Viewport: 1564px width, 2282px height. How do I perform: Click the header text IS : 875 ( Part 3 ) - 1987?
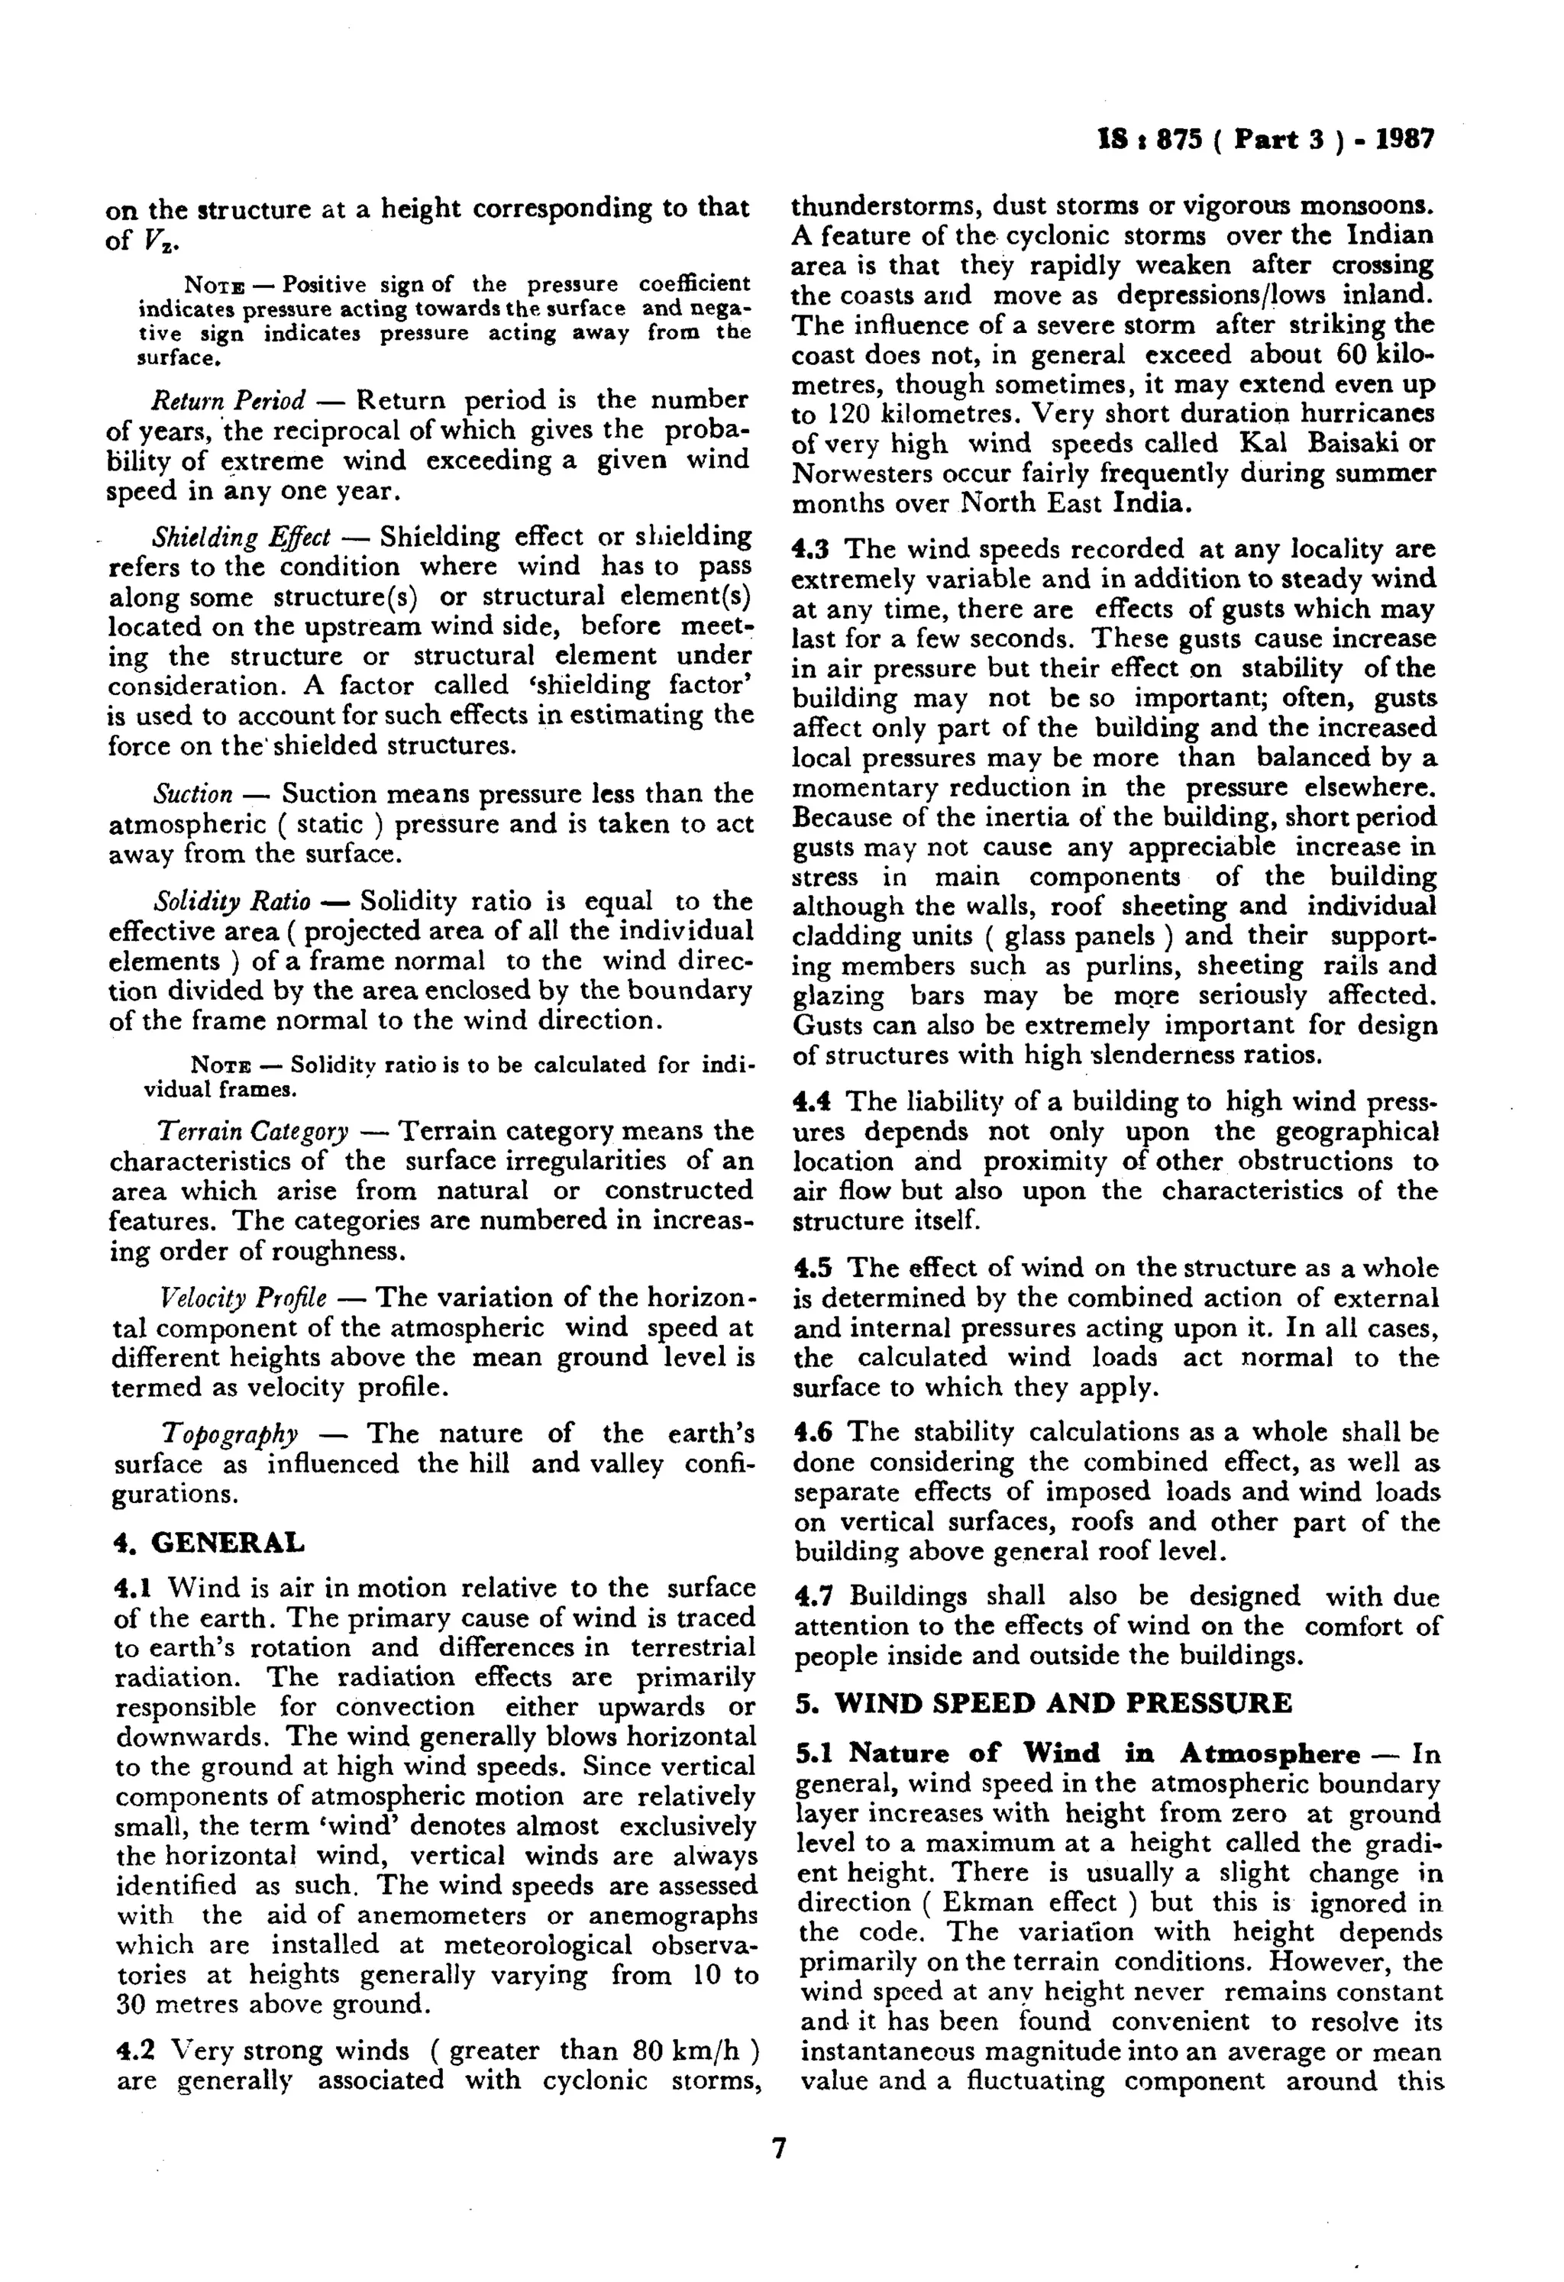click(1265, 140)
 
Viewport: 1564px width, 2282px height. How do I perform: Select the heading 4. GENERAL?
click(209, 1543)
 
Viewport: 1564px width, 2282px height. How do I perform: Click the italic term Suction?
click(193, 794)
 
